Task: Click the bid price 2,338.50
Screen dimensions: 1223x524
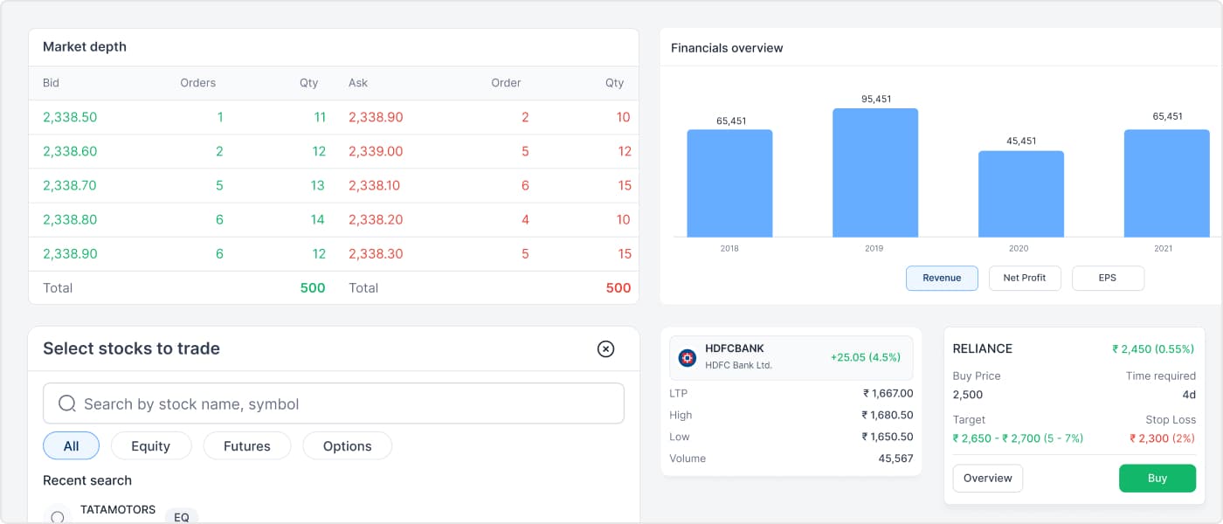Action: [70, 117]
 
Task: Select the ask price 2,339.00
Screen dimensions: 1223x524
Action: [376, 151]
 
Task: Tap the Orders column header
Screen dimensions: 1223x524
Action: [197, 83]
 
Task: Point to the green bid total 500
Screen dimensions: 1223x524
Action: [313, 287]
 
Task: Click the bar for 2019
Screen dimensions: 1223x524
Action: [875, 173]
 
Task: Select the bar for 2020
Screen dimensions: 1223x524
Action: [1021, 194]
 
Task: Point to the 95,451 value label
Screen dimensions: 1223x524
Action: [876, 99]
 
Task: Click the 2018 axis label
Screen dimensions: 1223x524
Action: [729, 248]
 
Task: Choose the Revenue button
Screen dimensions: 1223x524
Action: [942, 278]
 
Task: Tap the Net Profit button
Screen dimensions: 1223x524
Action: [1025, 278]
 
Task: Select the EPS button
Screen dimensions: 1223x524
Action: [1108, 278]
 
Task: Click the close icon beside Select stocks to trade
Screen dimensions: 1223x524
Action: [605, 348]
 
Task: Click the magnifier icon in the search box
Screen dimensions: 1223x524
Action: [67, 403]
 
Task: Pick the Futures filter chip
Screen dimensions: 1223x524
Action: [246, 446]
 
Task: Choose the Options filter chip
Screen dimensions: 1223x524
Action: [348, 446]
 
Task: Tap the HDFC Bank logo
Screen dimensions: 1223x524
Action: [687, 358]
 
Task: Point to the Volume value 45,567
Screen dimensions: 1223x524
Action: [895, 458]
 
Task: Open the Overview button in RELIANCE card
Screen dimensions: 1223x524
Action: [988, 479]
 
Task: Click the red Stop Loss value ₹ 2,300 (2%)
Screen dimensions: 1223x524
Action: [1163, 438]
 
